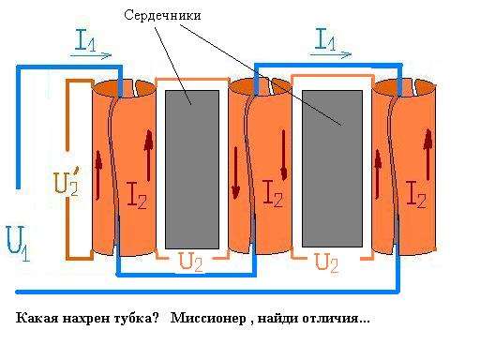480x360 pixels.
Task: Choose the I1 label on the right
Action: coord(325,39)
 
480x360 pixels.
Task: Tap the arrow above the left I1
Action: coord(91,55)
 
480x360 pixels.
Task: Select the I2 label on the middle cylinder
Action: coord(276,194)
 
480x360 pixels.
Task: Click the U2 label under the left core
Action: coord(190,262)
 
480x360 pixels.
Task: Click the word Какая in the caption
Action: coord(37,319)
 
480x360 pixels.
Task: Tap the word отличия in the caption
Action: coord(337,319)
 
